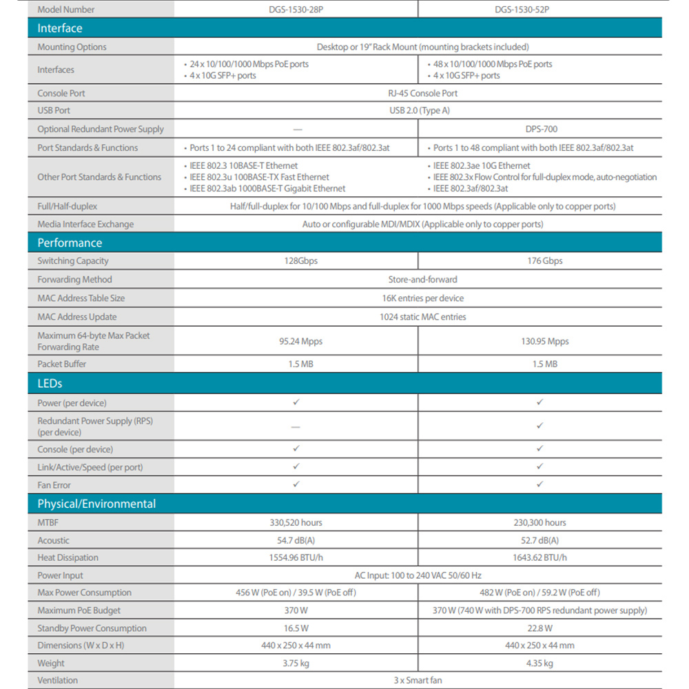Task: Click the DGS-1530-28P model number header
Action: (296, 10)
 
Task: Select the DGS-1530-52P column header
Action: (539, 10)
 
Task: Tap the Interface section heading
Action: (60, 28)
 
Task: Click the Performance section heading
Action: (70, 243)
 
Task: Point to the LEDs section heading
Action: (50, 383)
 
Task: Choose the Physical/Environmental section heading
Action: (96, 504)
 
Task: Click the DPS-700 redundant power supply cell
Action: (539, 129)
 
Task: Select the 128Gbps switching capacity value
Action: (296, 261)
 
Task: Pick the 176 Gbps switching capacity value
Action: (539, 261)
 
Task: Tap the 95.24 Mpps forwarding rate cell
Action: (296, 341)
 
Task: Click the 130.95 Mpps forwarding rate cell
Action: (539, 341)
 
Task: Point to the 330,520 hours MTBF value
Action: (296, 523)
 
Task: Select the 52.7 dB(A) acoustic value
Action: (539, 541)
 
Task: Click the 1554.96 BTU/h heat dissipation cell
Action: (296, 557)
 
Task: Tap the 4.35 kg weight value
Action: (539, 664)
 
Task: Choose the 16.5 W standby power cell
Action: (296, 628)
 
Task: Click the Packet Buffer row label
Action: (62, 364)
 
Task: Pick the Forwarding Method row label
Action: (74, 280)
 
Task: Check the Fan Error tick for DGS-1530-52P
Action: (539, 484)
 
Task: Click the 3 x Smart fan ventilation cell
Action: (418, 680)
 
